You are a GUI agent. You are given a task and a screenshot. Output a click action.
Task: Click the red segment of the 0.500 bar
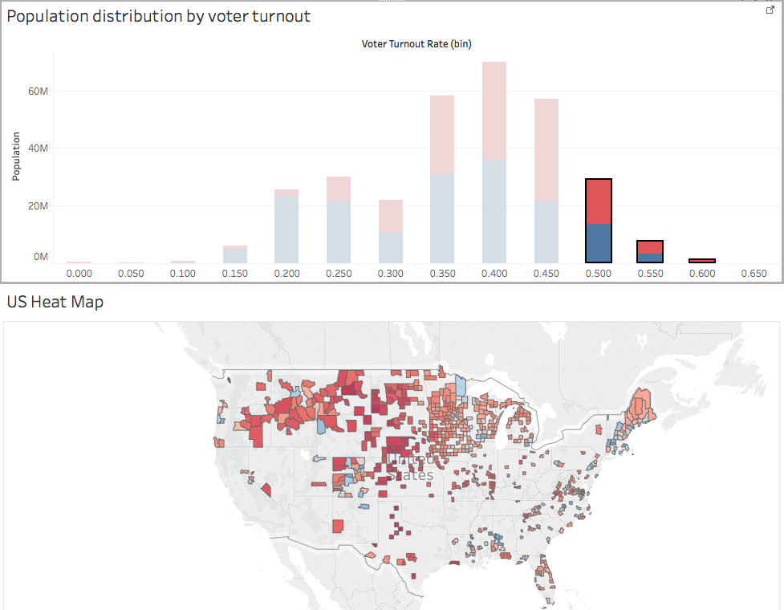(x=599, y=201)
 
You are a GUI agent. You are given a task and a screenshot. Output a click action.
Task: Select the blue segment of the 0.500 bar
(x=599, y=243)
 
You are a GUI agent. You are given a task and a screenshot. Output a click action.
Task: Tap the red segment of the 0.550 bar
(x=650, y=247)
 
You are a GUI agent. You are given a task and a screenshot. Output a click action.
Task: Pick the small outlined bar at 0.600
(x=702, y=260)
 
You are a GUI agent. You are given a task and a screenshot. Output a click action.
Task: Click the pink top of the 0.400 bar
(x=494, y=111)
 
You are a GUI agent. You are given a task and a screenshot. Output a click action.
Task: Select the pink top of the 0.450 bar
(x=546, y=149)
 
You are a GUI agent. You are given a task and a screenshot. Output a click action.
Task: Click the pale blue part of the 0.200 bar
(x=286, y=230)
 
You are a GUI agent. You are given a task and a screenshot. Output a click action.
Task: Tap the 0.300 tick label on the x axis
(x=391, y=274)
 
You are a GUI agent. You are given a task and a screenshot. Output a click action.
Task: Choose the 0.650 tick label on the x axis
(x=754, y=274)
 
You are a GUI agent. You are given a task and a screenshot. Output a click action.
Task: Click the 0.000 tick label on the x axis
(x=79, y=274)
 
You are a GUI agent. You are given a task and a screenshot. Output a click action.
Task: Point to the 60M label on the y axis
(x=39, y=91)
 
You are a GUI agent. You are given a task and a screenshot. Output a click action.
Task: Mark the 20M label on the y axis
(x=39, y=206)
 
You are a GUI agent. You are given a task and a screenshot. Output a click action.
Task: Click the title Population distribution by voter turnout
(x=159, y=16)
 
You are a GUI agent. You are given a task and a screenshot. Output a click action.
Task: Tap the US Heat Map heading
(x=55, y=303)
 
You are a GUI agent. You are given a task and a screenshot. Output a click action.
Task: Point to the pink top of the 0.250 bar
(x=339, y=189)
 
